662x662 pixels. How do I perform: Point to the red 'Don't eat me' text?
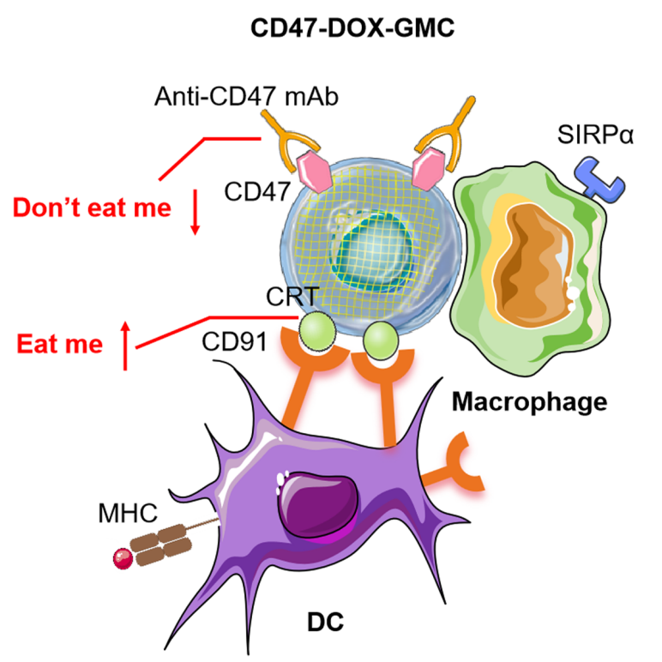92,208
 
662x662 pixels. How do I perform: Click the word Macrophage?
529,400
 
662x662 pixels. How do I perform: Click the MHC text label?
128,515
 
